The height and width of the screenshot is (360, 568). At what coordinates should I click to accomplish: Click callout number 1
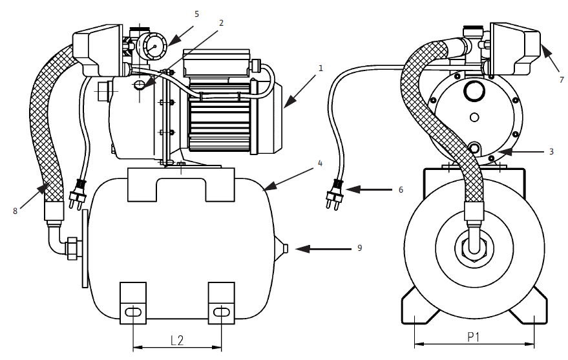point(321,67)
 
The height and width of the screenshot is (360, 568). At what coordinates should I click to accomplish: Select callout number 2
point(221,22)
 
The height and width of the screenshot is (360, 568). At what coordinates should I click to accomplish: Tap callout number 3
point(551,152)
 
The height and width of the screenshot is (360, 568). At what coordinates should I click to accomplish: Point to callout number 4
point(319,164)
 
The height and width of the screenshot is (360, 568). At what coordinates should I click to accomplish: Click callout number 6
point(401,190)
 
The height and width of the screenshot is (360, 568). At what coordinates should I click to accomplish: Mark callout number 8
point(14,209)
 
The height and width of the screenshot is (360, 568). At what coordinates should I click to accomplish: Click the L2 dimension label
point(178,340)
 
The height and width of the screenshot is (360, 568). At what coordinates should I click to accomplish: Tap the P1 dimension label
point(474,337)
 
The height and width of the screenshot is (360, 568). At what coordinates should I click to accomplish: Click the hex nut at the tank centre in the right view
point(474,248)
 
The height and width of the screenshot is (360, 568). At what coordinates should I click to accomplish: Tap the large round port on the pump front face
point(474,92)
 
